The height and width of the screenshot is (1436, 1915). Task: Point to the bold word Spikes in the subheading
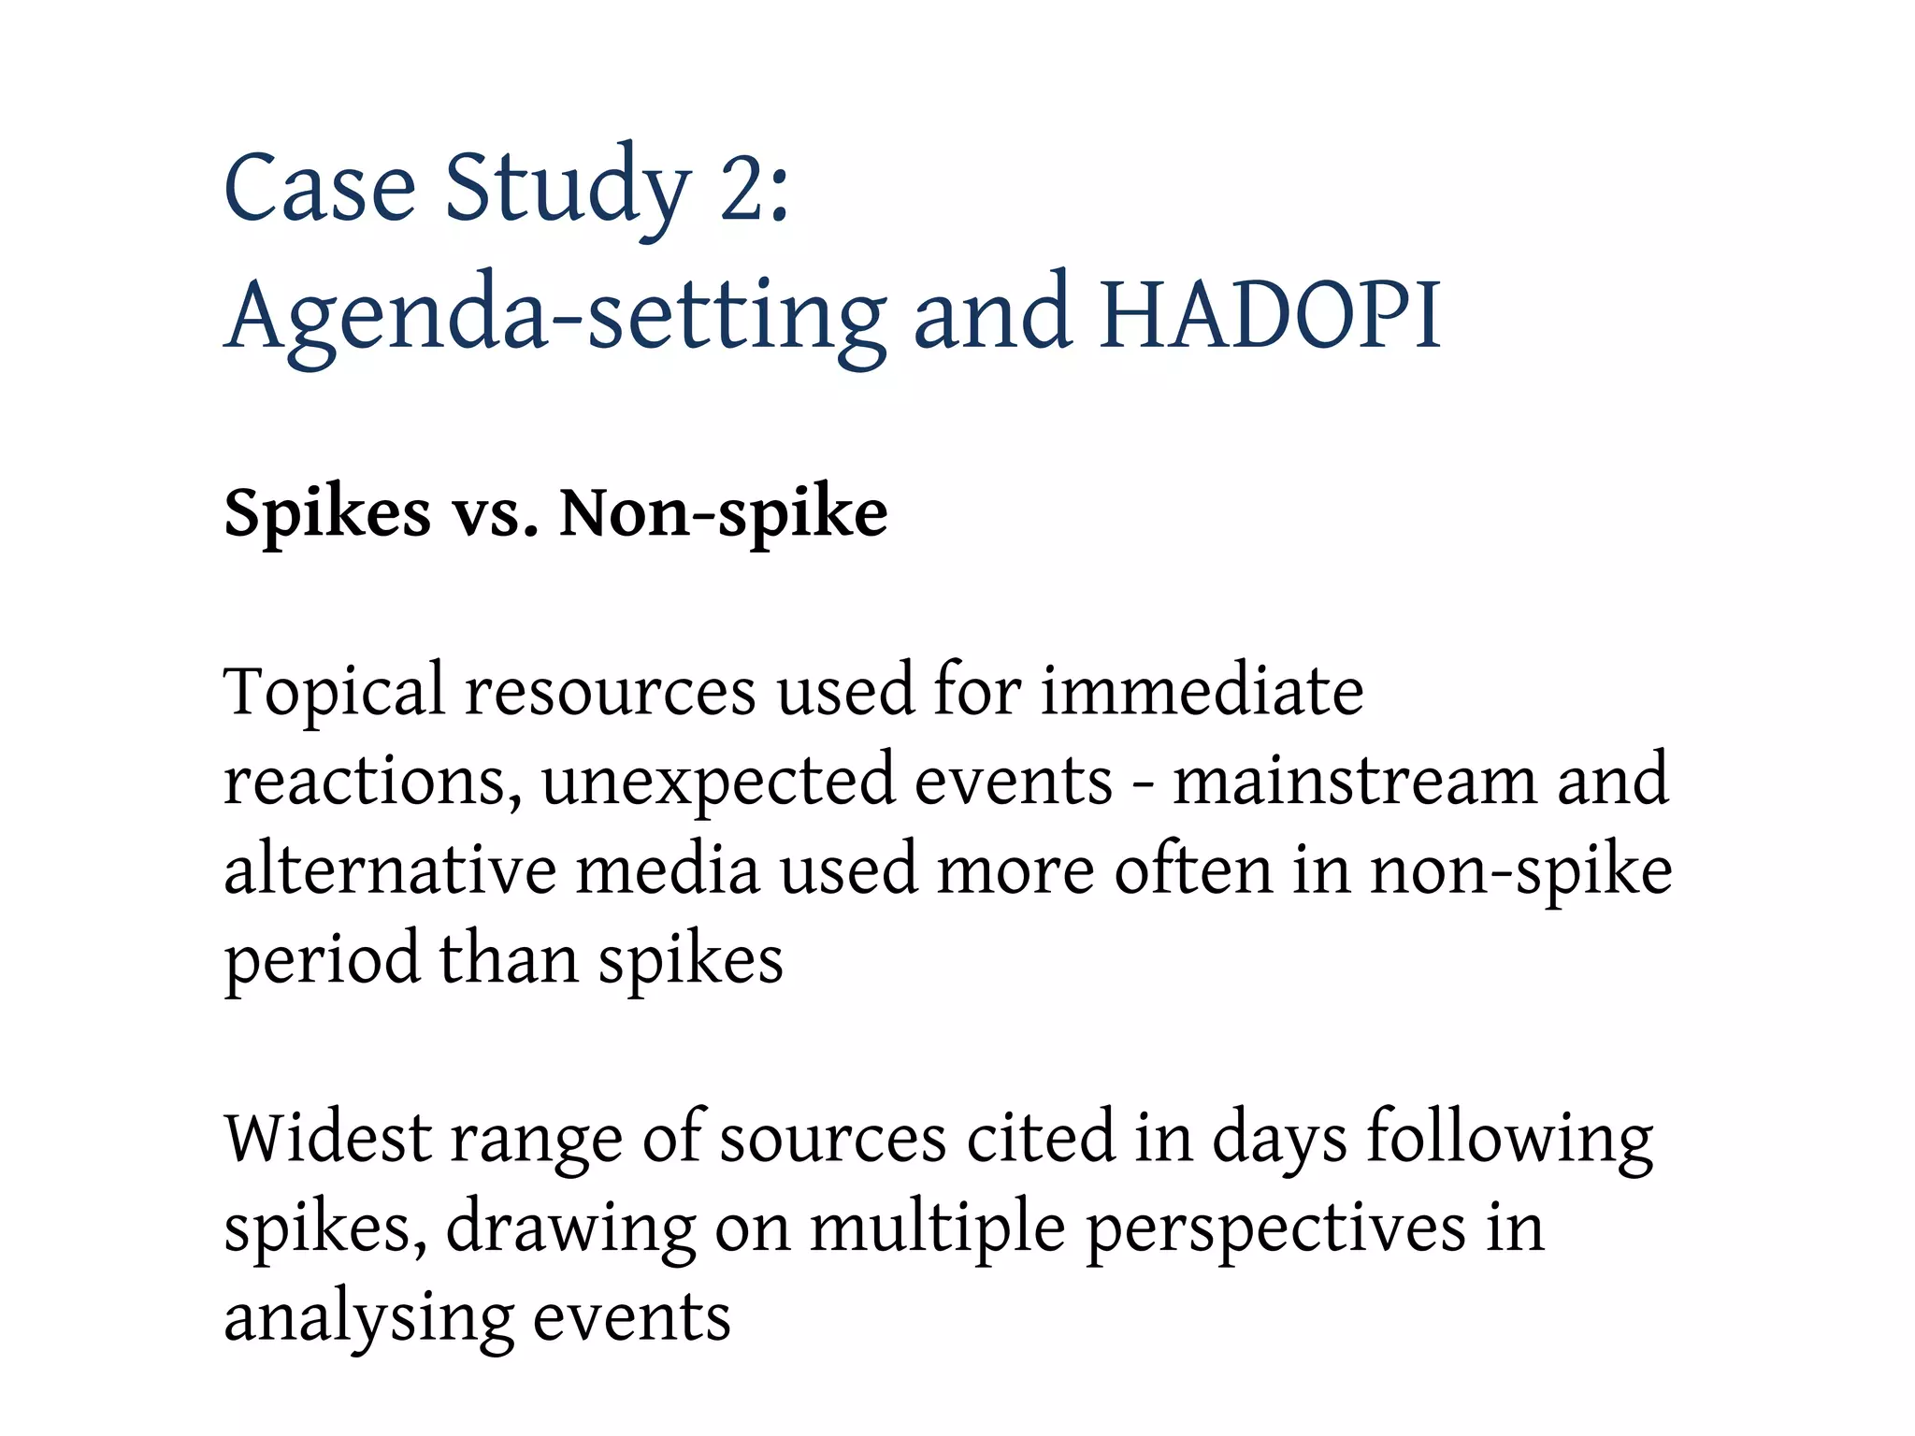(327, 513)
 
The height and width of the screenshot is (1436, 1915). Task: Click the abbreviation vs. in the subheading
(497, 515)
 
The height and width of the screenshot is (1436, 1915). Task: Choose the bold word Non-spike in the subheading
(723, 513)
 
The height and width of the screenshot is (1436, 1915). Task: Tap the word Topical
(334, 693)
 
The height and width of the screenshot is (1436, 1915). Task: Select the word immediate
(1202, 691)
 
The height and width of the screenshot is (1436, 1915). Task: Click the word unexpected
(717, 782)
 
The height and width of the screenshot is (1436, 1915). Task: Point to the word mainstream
(1354, 780)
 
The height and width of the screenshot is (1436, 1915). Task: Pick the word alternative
(390, 869)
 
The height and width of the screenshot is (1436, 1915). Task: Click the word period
(321, 961)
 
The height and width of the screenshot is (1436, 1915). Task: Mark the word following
(1509, 1140)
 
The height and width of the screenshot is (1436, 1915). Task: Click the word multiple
(937, 1228)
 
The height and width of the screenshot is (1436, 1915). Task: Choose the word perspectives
(1275, 1230)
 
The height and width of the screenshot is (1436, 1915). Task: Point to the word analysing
(368, 1318)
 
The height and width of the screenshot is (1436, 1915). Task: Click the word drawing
(569, 1228)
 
